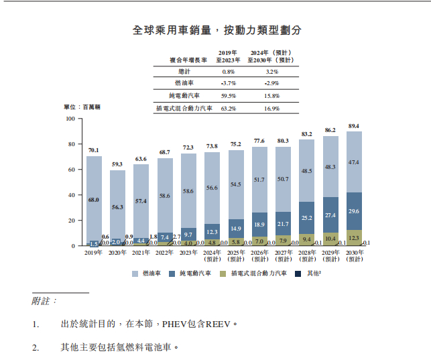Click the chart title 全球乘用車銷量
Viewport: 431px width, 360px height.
click(216, 30)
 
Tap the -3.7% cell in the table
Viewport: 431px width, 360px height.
click(228, 83)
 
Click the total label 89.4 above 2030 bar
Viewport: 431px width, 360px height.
click(354, 126)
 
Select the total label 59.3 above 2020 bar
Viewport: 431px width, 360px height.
click(118, 164)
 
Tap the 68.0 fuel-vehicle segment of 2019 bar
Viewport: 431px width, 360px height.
click(95, 200)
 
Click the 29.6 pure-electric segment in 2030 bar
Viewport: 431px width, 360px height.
click(354, 211)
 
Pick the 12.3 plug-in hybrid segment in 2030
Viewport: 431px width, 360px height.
click(354, 238)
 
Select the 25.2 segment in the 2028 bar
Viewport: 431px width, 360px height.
click(307, 218)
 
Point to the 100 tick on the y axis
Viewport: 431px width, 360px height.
click(70, 119)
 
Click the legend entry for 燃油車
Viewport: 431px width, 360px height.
click(155, 274)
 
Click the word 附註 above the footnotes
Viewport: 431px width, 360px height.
click(45, 302)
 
